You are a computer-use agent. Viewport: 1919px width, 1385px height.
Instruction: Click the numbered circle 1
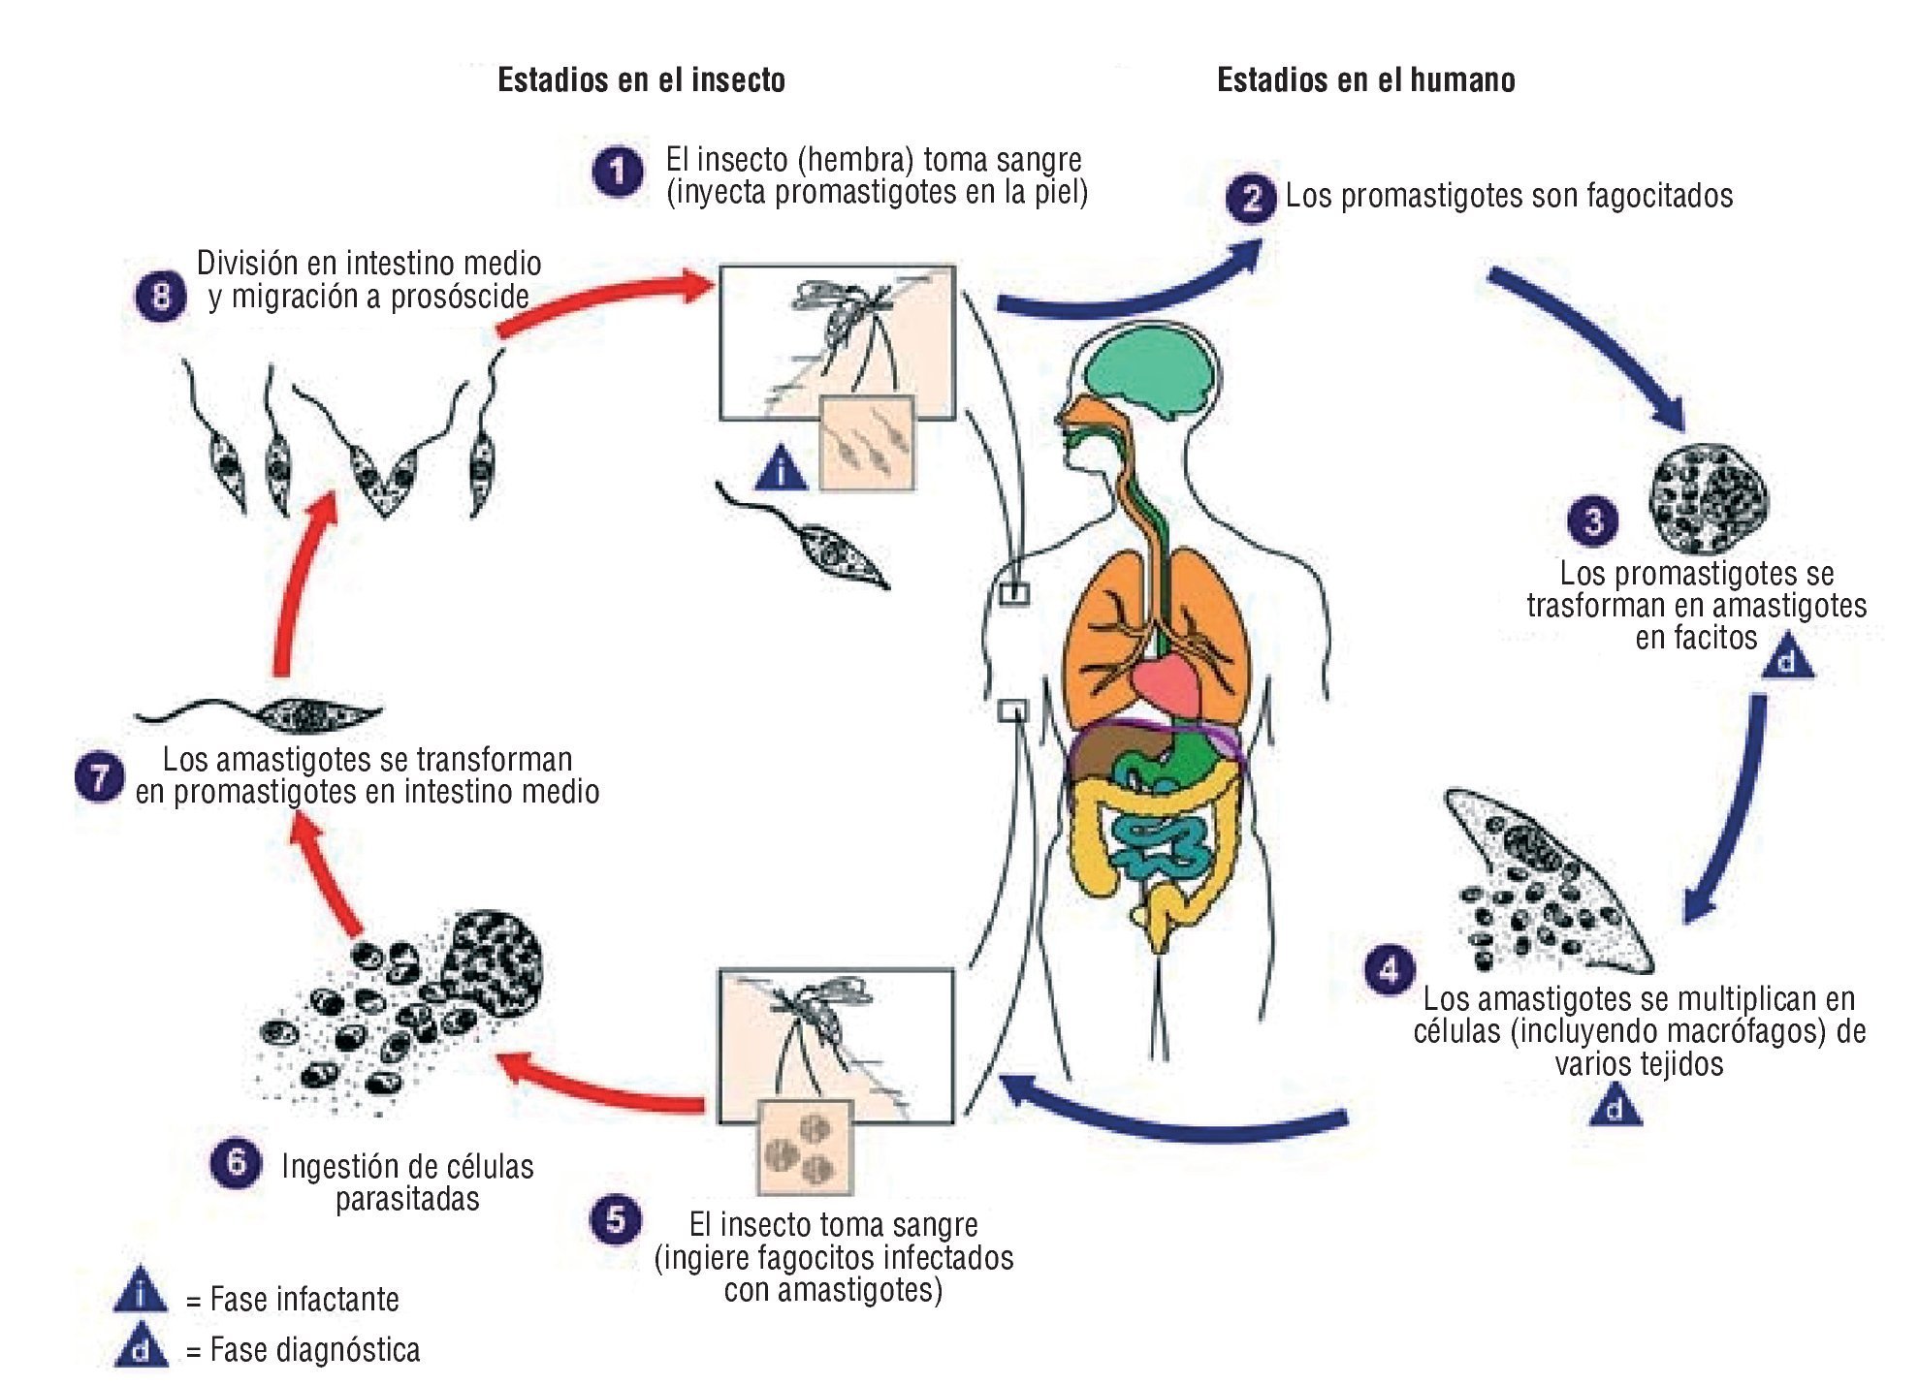618,173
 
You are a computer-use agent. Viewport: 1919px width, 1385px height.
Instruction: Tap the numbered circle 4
1389,970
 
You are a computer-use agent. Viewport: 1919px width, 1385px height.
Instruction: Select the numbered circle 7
99,776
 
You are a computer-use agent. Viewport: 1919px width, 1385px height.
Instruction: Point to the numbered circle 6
236,1162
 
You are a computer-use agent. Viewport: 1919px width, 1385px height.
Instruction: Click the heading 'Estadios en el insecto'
641,79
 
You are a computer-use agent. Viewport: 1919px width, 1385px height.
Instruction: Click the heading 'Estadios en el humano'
1365,79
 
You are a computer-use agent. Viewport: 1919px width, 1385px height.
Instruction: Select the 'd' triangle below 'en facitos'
1787,657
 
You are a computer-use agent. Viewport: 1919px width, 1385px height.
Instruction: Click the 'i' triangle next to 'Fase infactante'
141,1292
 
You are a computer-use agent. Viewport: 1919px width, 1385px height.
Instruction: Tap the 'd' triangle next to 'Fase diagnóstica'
142,1346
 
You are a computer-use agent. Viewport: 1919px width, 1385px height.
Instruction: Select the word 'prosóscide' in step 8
462,297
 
